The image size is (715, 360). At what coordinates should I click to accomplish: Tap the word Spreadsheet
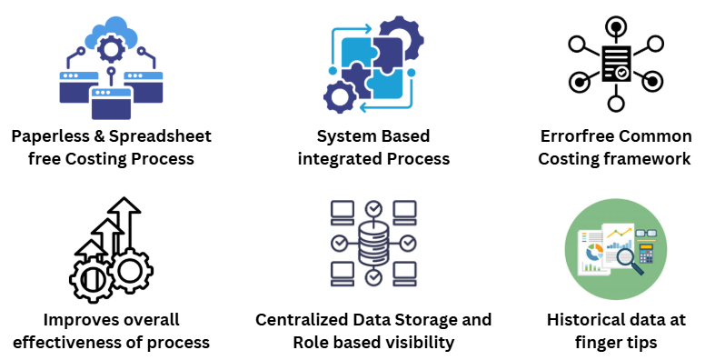160,136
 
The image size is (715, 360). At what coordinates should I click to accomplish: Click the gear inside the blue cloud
110,49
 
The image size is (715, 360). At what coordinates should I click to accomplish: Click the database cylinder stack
373,243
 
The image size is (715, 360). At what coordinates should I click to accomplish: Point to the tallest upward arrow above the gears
125,223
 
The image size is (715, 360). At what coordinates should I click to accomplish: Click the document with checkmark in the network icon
616,64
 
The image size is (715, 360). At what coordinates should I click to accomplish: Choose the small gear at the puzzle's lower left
340,96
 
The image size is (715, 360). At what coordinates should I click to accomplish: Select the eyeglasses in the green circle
647,234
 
